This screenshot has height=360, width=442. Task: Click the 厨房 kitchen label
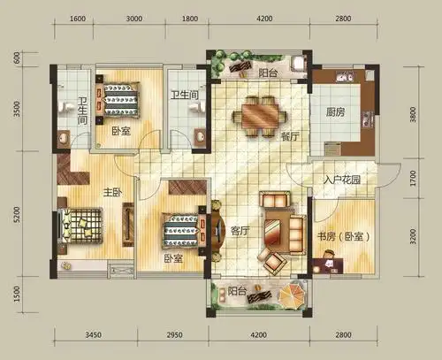[335, 112]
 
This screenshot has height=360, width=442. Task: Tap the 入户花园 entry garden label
[342, 180]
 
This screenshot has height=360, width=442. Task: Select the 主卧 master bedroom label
[112, 193]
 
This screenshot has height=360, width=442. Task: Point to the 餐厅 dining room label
[290, 136]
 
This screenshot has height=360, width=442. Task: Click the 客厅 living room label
[240, 231]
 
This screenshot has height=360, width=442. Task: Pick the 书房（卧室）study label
[343, 236]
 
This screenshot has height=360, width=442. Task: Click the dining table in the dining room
[260, 116]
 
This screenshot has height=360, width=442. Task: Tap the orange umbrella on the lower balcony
[291, 295]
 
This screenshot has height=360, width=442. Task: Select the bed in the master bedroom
[80, 226]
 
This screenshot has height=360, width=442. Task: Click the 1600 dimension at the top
[78, 19]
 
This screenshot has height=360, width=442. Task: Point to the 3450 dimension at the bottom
[93, 335]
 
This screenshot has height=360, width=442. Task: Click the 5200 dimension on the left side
[17, 214]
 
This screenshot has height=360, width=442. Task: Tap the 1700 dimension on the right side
[413, 178]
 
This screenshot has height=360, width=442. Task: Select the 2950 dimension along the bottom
[174, 335]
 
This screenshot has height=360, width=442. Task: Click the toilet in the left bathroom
[65, 107]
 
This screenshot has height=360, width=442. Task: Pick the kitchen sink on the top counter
[345, 77]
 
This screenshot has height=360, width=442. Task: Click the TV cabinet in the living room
[218, 230]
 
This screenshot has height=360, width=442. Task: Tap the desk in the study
[328, 265]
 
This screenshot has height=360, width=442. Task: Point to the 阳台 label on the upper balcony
[268, 73]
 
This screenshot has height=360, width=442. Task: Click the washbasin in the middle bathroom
[200, 137]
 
